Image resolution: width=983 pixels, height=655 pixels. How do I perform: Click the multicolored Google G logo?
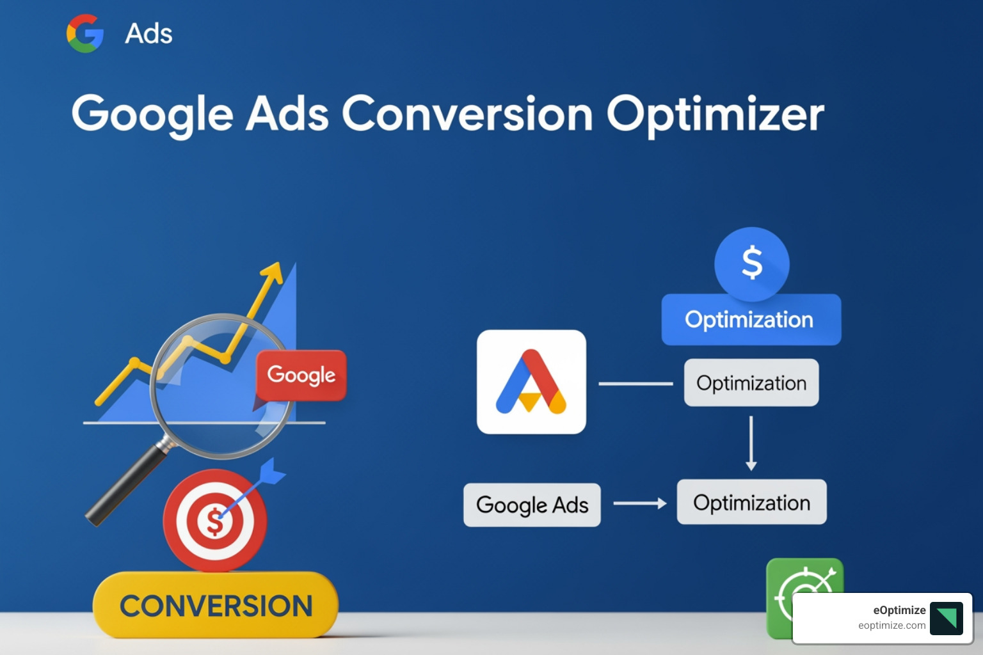(x=85, y=33)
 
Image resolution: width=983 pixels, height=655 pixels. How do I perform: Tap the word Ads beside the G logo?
(x=148, y=34)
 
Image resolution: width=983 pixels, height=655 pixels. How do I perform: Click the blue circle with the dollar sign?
(x=751, y=264)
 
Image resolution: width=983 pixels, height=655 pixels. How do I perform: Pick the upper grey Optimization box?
(x=751, y=383)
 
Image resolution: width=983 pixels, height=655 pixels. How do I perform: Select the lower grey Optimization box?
(x=751, y=503)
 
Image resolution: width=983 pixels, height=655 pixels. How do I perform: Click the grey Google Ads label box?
(x=532, y=505)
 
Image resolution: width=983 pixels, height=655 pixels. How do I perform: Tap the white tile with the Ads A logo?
(x=531, y=382)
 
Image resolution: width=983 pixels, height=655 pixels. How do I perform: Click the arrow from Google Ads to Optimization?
(x=639, y=503)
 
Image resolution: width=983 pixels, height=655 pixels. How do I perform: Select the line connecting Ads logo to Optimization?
(x=635, y=384)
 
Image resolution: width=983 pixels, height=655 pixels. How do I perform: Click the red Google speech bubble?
(x=301, y=375)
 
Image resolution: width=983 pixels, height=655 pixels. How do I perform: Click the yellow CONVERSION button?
(x=216, y=605)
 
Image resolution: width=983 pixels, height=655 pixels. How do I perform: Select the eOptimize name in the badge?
(x=899, y=610)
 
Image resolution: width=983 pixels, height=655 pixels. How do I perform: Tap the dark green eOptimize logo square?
(x=946, y=618)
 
